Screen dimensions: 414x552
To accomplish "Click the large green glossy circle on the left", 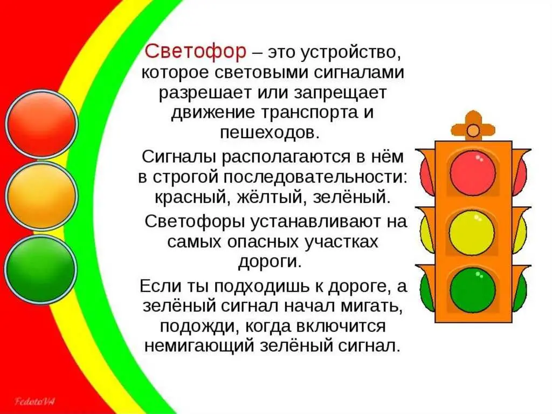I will (42, 269).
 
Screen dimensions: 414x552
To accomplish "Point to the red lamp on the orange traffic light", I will (473, 172).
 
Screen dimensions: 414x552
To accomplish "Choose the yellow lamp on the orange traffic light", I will (473, 233).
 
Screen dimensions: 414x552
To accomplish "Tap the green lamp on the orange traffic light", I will (473, 290).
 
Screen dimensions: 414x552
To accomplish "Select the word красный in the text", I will (186, 196).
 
